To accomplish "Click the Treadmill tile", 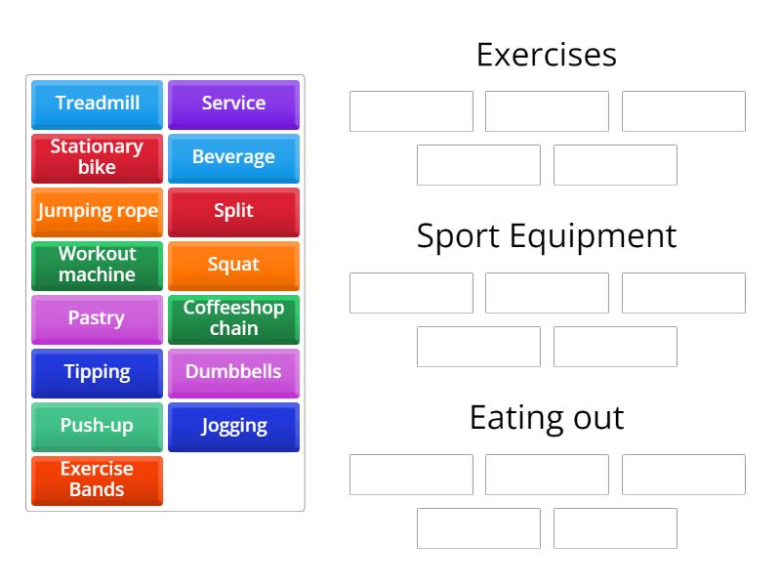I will (97, 104).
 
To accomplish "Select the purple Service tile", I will (233, 104).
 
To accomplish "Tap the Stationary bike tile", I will (97, 157).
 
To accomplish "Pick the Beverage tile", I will (233, 157).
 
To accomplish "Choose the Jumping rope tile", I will (97, 211).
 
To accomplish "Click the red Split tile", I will (233, 211).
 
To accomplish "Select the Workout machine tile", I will (97, 265).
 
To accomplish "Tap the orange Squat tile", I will (233, 265).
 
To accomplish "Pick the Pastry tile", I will (97, 318).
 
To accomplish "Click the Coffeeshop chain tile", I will (233, 318).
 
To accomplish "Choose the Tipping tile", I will (97, 372).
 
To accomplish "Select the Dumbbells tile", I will (233, 372).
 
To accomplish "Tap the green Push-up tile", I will (97, 426).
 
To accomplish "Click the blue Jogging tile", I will (233, 426).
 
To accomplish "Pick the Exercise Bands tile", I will (97, 480).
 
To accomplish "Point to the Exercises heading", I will (547, 55).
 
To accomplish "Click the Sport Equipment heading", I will (547, 236).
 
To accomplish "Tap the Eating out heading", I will (547, 418).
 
